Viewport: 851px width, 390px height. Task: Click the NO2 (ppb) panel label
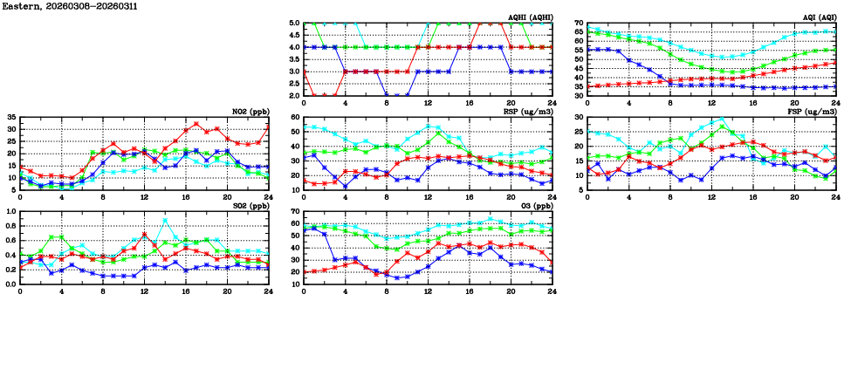pyautogui.click(x=249, y=112)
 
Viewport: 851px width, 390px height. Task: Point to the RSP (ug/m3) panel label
pyautogui.click(x=528, y=112)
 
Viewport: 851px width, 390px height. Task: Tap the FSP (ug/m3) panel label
pyautogui.click(x=812, y=112)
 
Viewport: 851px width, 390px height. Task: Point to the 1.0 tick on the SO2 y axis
pyautogui.click(x=10, y=211)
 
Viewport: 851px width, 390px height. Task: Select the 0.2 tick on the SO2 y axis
pyautogui.click(x=10, y=270)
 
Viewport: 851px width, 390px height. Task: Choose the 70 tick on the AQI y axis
pyautogui.click(x=578, y=24)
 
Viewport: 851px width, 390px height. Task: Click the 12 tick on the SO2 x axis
pyautogui.click(x=145, y=291)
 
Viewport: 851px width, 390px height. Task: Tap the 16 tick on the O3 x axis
pyautogui.click(x=470, y=291)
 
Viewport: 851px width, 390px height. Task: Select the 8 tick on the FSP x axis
pyautogui.click(x=669, y=196)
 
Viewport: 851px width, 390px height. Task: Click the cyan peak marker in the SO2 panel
pyautogui.click(x=166, y=220)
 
